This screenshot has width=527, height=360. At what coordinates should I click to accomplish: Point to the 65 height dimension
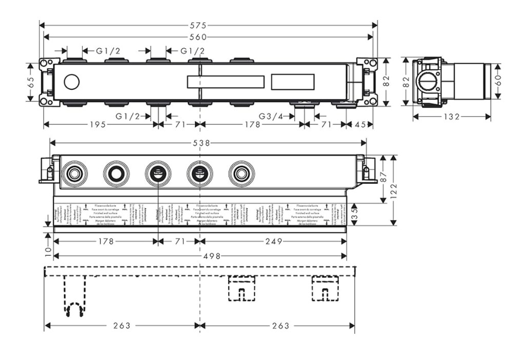click(31, 82)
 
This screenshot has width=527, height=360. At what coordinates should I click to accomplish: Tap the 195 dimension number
click(97, 124)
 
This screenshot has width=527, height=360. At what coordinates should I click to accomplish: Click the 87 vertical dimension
click(384, 178)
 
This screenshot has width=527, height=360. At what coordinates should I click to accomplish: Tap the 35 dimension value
click(354, 213)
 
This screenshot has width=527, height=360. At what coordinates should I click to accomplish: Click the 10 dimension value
click(47, 251)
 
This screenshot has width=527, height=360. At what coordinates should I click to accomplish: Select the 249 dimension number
click(273, 241)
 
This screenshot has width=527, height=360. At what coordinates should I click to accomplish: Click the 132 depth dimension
click(451, 117)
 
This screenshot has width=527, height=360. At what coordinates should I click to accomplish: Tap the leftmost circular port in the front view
click(74, 174)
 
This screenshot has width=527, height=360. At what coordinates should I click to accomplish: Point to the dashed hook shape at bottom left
click(74, 308)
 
